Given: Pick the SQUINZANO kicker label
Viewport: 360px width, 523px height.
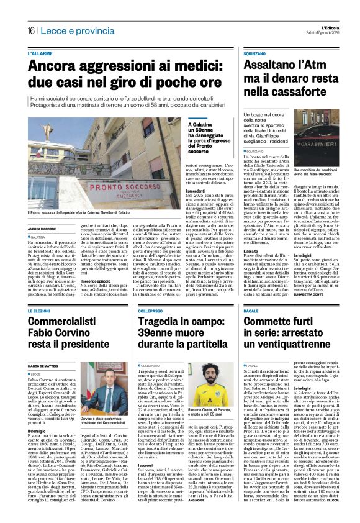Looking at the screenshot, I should tap(259, 54).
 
